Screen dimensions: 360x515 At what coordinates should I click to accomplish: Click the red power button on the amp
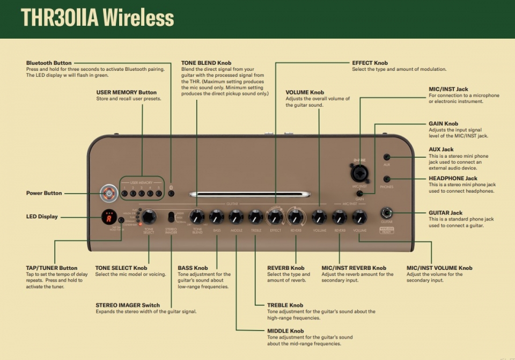[109, 193]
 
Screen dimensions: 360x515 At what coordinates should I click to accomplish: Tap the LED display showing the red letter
[109, 217]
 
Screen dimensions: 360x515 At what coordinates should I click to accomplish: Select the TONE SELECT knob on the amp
[149, 217]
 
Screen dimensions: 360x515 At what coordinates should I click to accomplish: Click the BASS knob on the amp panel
[216, 217]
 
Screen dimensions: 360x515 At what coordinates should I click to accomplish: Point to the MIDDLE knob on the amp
[236, 217]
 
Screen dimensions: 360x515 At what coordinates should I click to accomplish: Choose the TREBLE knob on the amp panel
[256, 217]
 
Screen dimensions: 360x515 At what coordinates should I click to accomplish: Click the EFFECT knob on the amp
[275, 217]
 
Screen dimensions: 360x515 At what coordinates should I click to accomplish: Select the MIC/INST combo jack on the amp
[359, 173]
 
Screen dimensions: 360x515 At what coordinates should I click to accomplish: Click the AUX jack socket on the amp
[387, 157]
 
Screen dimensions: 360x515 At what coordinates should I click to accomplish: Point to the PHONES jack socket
[386, 179]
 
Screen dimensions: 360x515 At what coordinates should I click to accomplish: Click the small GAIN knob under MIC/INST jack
[359, 193]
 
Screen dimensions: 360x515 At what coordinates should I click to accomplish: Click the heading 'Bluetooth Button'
[49, 63]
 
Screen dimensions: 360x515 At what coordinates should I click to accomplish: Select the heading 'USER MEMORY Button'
[127, 92]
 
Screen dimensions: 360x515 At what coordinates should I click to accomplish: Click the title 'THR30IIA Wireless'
[97, 18]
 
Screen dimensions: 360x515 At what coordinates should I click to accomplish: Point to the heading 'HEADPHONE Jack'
[453, 179]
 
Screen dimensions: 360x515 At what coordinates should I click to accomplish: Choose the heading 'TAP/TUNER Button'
[51, 268]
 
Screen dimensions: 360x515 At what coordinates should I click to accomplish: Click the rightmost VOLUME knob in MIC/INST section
[359, 217]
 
